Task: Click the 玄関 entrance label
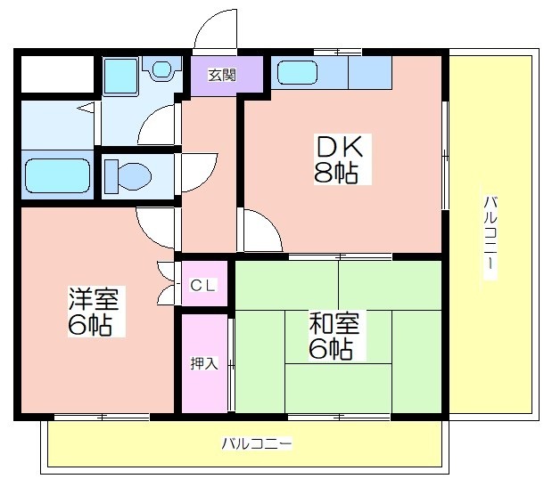222,75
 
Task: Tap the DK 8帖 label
338,159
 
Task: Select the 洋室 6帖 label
94,312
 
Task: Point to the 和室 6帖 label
334,336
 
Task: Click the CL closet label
202,285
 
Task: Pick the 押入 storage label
204,363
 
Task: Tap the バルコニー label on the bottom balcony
257,443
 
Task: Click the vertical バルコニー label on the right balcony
490,232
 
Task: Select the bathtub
58,175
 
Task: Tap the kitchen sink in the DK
298,72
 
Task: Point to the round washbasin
162,69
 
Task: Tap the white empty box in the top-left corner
58,74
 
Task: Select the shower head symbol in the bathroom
87,108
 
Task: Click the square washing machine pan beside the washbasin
120,77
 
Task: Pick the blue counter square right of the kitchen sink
370,73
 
